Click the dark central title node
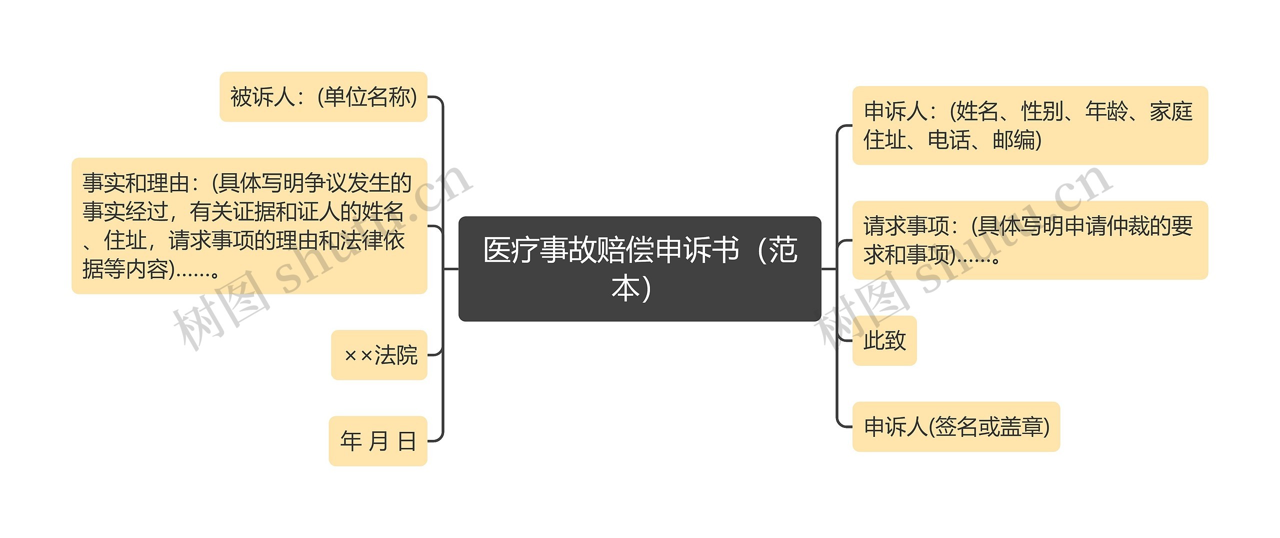point(639,269)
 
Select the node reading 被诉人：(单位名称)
point(323,97)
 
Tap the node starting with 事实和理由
point(249,226)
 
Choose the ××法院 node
point(379,355)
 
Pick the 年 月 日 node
point(378,441)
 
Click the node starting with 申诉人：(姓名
point(1029,125)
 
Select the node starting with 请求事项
point(1029,240)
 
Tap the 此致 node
point(884,341)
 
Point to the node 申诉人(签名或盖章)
point(956,427)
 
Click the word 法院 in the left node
point(396,355)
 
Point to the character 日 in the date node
point(407,441)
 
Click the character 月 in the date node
point(378,441)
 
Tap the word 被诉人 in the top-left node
point(262,97)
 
